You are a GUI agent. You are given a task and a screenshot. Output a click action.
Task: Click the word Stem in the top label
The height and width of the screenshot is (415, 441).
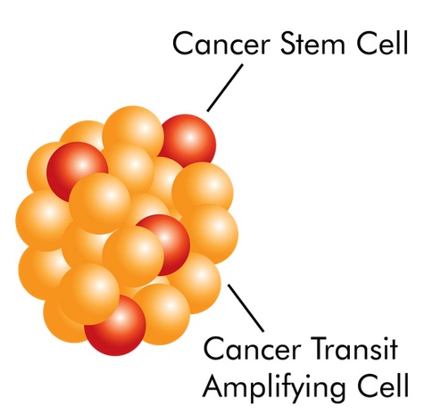click(x=312, y=43)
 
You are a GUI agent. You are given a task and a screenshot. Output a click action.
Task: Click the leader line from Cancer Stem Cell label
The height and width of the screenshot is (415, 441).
click(x=225, y=87)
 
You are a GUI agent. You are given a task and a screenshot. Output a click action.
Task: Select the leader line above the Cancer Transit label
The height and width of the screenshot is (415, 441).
click(x=245, y=308)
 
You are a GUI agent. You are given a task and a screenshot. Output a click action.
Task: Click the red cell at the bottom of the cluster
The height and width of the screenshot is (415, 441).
click(x=116, y=326)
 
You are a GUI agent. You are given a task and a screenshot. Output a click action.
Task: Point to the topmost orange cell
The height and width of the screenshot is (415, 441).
click(x=133, y=132)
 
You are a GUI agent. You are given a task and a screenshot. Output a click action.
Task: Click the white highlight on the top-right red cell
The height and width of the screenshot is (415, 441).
click(x=190, y=137)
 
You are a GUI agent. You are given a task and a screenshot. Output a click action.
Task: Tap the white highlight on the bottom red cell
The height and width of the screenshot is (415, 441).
click(x=120, y=319)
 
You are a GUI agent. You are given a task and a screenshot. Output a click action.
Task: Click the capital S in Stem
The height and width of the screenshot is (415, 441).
click(x=288, y=43)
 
